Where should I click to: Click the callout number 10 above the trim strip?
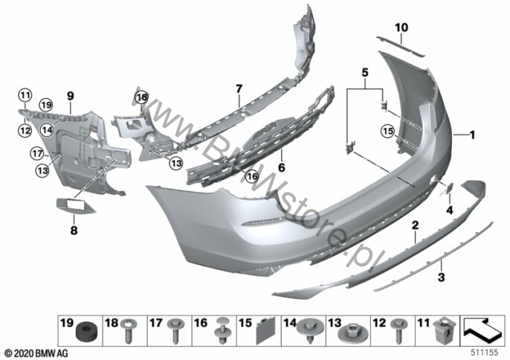tap(401, 28)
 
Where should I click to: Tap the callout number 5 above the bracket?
tap(365, 73)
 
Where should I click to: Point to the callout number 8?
tap(74, 231)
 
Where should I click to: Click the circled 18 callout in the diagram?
tap(142, 97)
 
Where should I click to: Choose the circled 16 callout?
tap(251, 176)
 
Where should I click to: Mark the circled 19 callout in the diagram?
tap(46, 105)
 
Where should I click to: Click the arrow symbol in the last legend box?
tap(482, 330)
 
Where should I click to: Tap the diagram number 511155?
tap(485, 353)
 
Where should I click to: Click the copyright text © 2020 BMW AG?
tap(36, 353)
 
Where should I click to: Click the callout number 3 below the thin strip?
tap(441, 277)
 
